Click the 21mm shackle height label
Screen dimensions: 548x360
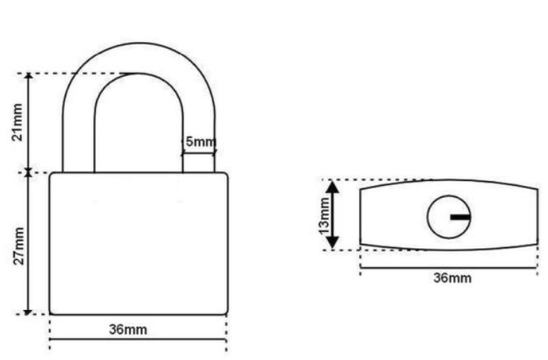17,123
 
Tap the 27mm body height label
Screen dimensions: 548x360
19,246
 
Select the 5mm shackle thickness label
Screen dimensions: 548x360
201,142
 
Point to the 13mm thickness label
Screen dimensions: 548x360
324,216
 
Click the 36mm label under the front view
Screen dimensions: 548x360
128,330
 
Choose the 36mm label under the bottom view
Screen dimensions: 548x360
452,278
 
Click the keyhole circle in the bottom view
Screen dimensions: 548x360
428,217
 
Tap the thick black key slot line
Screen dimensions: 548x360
461,217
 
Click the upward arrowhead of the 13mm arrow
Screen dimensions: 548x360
333,187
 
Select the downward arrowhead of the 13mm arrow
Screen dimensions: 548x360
333,243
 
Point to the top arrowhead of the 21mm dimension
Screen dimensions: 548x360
29,77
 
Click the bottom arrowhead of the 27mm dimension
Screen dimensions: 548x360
27,312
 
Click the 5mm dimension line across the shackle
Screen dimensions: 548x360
198,152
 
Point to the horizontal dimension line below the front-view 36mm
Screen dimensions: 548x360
138,339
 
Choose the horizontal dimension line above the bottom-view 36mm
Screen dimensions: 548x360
448,268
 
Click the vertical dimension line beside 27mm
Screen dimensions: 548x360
28,244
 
